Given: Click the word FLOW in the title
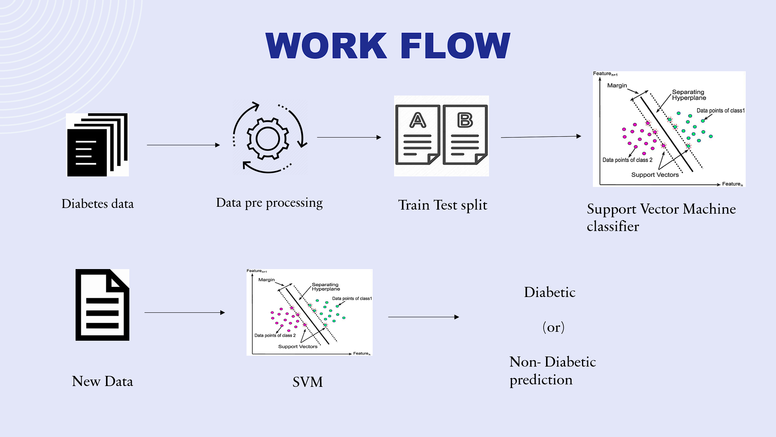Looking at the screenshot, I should click(455, 45).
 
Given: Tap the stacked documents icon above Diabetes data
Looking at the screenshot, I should click(97, 145).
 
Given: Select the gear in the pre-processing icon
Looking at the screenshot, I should click(268, 139).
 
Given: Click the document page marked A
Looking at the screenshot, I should click(418, 135).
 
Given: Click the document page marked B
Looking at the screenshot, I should click(465, 135).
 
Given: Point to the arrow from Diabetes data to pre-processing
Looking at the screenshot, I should click(183, 145).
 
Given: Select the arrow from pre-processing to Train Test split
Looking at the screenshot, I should click(349, 137).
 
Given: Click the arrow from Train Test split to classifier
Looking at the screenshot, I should click(541, 137).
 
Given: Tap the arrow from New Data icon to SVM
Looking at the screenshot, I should click(184, 312).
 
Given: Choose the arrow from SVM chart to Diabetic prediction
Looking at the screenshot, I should click(423, 317).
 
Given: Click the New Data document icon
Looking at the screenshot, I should click(102, 305).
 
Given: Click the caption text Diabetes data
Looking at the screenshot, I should click(97, 204).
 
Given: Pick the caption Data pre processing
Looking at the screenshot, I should click(269, 203).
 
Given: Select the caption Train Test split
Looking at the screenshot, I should click(443, 205).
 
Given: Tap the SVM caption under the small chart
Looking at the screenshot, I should click(308, 382).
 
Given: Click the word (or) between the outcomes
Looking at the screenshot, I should click(553, 327).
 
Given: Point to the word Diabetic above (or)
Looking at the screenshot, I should click(550, 292).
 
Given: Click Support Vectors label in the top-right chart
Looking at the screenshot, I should click(655, 175).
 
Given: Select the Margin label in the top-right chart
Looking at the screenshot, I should click(617, 85).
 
